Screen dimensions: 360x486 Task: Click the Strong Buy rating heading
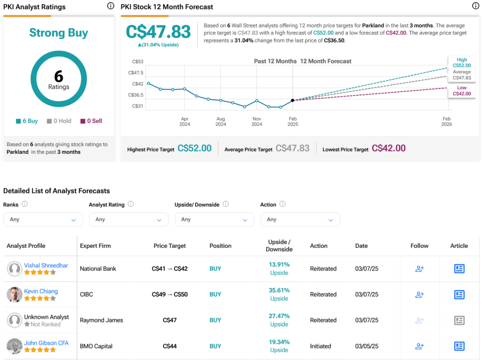coord(59,33)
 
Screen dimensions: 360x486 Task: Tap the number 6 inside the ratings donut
coord(59,76)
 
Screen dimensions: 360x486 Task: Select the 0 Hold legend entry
coord(59,121)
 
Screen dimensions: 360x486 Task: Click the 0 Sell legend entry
coord(91,121)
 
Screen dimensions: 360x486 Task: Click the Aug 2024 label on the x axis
coord(221,121)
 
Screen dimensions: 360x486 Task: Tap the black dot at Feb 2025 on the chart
coord(292,100)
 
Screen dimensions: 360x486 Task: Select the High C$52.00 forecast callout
coord(462,63)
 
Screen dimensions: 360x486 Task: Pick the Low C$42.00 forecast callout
coord(462,91)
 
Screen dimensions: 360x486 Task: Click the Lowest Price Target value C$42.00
coord(389,148)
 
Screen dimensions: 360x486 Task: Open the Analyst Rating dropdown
coord(129,219)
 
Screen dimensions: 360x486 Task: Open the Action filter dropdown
coord(300,219)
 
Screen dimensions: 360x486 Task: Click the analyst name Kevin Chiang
coord(41,291)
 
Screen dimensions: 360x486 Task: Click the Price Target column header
coord(169,246)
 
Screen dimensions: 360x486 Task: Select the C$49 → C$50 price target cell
coord(169,294)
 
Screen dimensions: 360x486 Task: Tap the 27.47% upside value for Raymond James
coord(279,316)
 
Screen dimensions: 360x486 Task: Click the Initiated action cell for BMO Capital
coord(320,346)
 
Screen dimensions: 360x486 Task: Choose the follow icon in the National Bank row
coord(419,269)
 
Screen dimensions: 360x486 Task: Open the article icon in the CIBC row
coord(459,294)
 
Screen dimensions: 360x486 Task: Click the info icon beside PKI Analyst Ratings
coord(111,6)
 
